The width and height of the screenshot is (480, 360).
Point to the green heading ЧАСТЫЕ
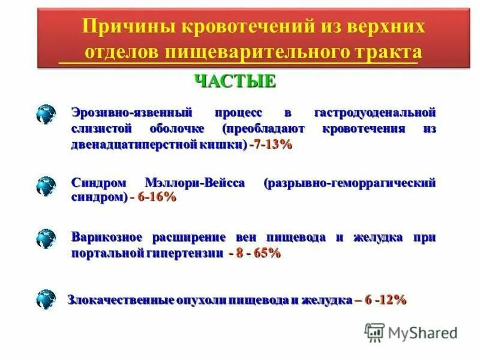pyautogui.click(x=235, y=81)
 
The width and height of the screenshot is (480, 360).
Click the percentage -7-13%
pyautogui.click(x=271, y=145)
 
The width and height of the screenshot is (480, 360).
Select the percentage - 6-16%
pyautogui.click(x=153, y=197)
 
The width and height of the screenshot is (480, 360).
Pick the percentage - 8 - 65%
pyautogui.click(x=255, y=253)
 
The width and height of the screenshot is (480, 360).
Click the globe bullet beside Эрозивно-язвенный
pyautogui.click(x=46, y=113)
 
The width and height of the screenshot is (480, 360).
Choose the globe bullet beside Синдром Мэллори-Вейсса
pyautogui.click(x=46, y=185)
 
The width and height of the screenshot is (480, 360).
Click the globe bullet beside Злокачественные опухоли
pyautogui.click(x=46, y=299)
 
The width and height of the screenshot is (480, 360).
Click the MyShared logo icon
pyautogui.click(x=374, y=332)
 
